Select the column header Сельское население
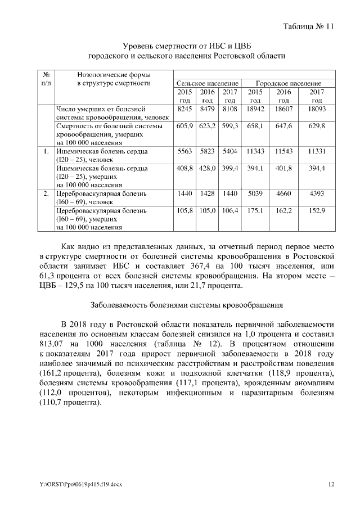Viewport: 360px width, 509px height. (x=208, y=83)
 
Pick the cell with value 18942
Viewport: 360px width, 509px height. (x=255, y=108)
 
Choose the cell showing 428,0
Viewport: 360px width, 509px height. (x=208, y=168)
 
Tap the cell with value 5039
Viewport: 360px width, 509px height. (x=255, y=193)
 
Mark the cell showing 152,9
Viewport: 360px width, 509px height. (x=317, y=210)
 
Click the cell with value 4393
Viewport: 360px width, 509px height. (x=317, y=193)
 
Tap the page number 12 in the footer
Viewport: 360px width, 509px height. (x=331, y=484)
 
